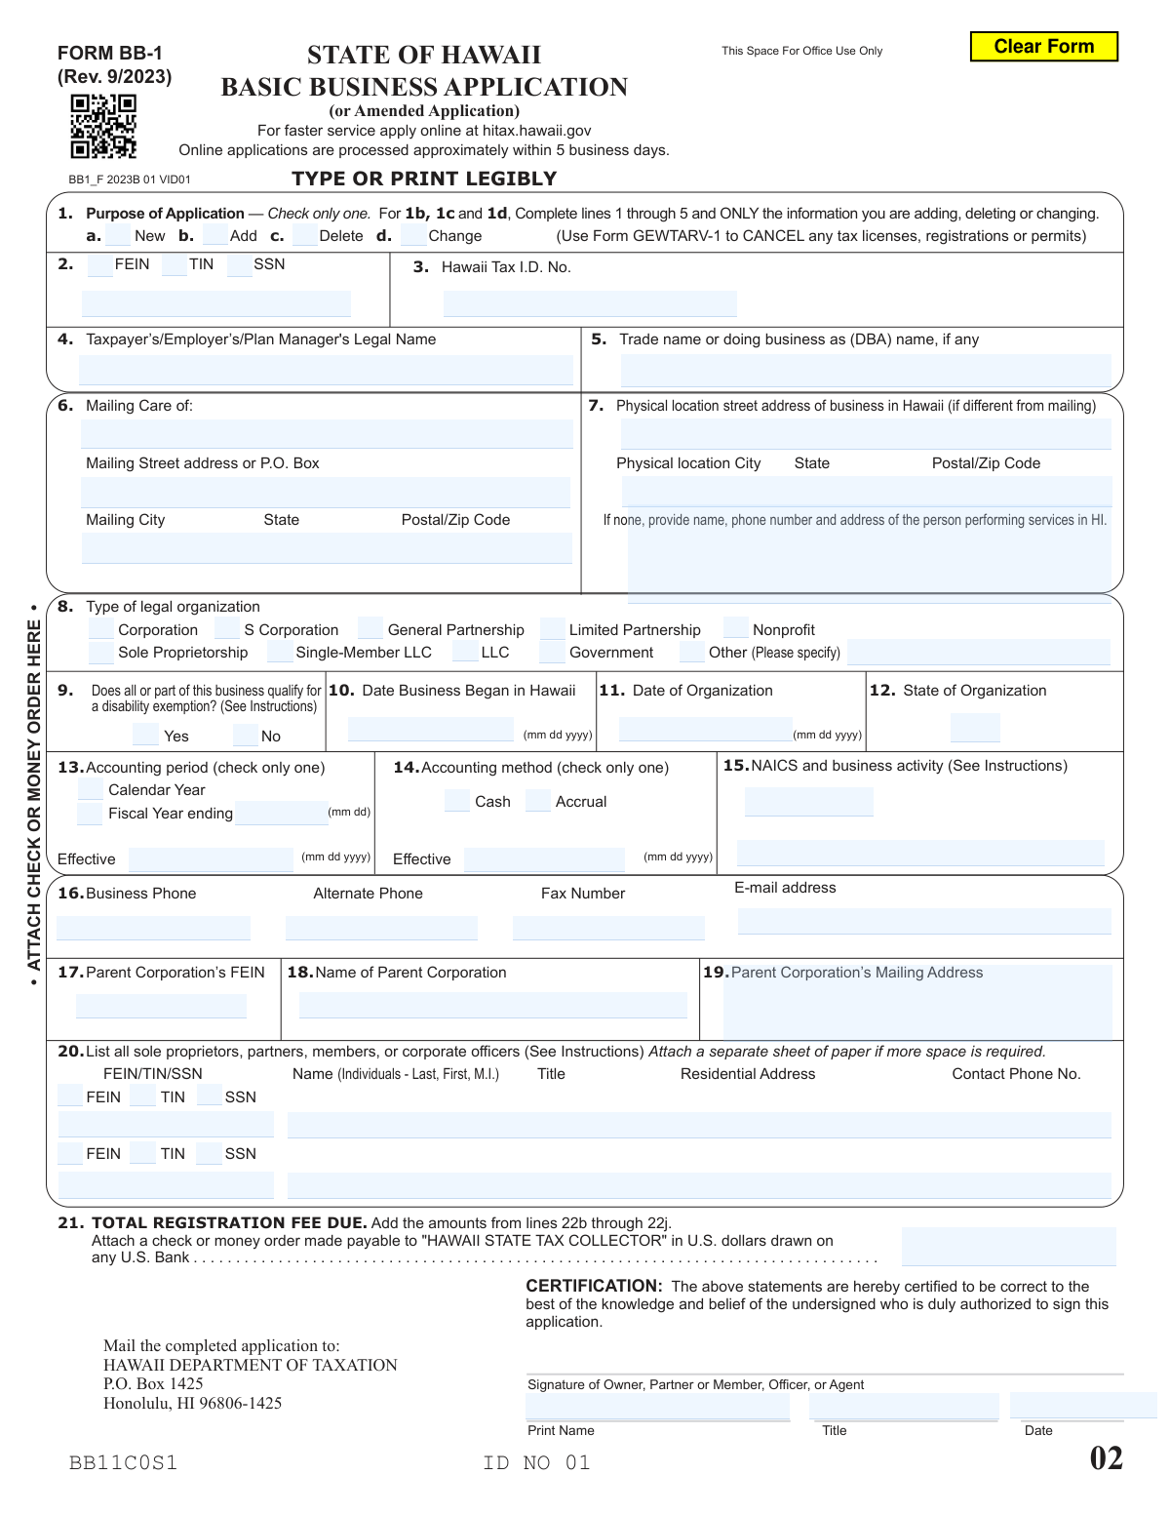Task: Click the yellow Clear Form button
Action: click(x=1043, y=47)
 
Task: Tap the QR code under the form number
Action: click(x=103, y=126)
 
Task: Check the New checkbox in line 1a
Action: click(x=118, y=235)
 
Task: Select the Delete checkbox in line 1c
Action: click(x=304, y=235)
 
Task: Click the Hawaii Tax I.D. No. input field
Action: click(x=589, y=303)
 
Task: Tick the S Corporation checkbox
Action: click(x=227, y=629)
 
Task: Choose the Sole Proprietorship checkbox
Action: click(x=101, y=653)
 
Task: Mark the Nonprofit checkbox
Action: click(x=736, y=629)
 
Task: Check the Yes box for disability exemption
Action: click(x=145, y=736)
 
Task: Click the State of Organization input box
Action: click(x=975, y=728)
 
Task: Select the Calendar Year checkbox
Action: click(x=91, y=789)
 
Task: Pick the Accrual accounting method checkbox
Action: click(x=538, y=801)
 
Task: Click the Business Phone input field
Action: click(x=153, y=928)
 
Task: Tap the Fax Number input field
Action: click(x=608, y=928)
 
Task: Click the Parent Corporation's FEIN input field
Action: click(x=161, y=1006)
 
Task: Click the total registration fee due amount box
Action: click(x=1008, y=1247)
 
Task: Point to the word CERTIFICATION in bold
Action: click(x=594, y=1286)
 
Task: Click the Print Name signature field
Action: click(x=657, y=1407)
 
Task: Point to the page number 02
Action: click(x=1106, y=1458)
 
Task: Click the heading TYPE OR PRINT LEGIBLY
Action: click(x=424, y=179)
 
